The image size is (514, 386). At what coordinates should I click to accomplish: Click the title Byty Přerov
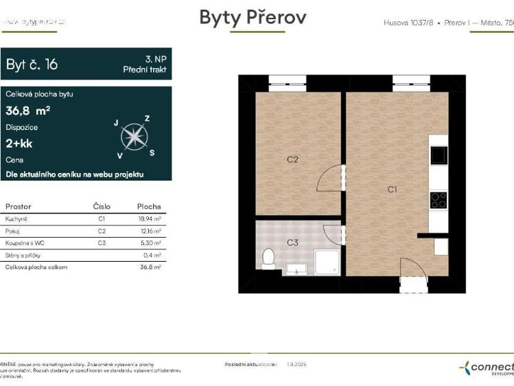(253, 18)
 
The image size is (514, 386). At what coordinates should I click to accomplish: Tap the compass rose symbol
(134, 137)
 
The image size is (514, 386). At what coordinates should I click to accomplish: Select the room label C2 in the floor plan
(292, 159)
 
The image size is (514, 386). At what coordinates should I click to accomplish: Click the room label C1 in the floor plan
(392, 189)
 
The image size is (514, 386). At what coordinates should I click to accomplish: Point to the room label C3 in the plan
(292, 242)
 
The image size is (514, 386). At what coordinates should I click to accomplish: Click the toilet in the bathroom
(268, 259)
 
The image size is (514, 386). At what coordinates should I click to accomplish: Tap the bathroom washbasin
(296, 269)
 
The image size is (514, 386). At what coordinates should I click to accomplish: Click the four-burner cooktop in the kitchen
(438, 200)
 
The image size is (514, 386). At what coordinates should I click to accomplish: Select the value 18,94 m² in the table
(149, 219)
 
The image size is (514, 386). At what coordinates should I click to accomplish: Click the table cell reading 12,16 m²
(149, 231)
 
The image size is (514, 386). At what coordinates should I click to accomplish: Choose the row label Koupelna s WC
(25, 243)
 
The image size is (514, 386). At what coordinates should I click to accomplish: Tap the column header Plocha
(149, 206)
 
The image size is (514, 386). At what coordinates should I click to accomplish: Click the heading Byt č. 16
(32, 65)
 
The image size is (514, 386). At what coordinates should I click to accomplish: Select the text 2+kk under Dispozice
(19, 144)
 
